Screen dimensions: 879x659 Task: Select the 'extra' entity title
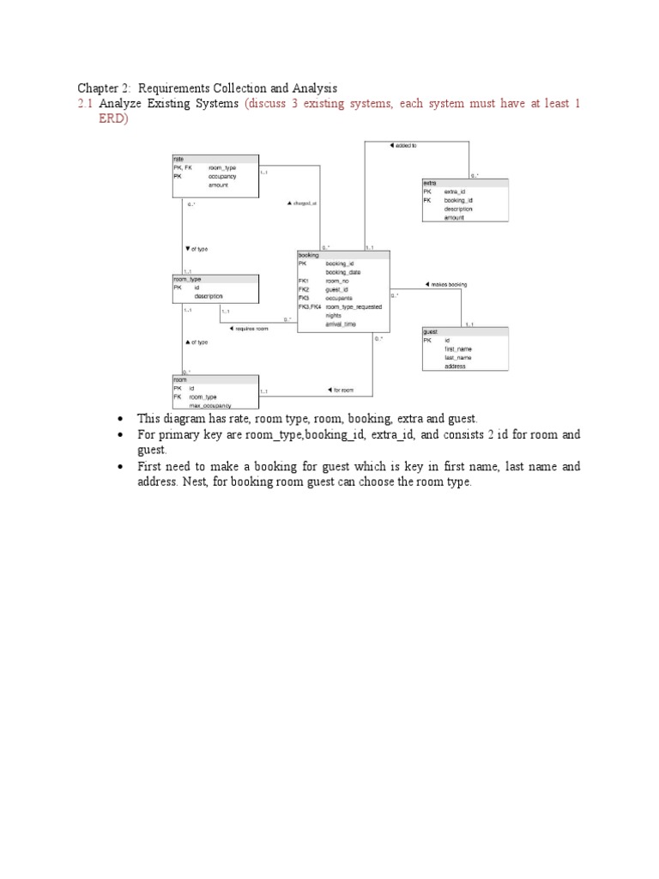[x=430, y=183]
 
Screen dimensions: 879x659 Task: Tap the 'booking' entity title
[x=309, y=255]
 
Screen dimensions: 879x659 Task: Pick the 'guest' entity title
[x=431, y=331]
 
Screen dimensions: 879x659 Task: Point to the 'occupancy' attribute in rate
[x=221, y=176]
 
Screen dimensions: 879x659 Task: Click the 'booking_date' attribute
[x=343, y=272]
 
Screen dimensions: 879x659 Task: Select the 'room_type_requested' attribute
[x=354, y=306]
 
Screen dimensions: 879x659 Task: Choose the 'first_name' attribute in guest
[x=458, y=349]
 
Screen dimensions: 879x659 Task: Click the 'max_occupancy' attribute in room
[x=210, y=405]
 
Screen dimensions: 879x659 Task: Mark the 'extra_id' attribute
[x=455, y=191]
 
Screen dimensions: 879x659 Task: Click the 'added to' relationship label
[x=402, y=145]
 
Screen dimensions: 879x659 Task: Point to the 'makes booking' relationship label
[x=446, y=284]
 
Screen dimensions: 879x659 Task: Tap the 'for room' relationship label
[x=341, y=391]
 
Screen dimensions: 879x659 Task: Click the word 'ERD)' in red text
[x=113, y=119]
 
